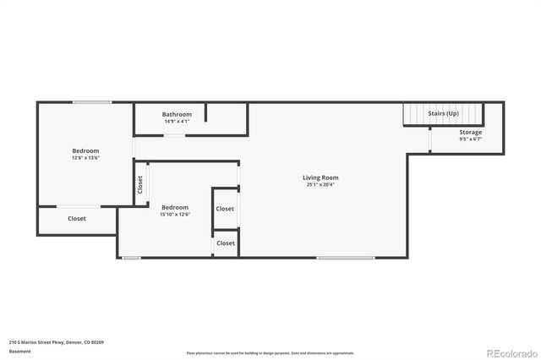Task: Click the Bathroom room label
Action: (178, 114)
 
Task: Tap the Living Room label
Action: (320, 177)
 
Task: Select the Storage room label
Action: (471, 133)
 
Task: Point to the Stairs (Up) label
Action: (444, 113)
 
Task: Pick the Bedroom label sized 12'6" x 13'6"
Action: (85, 151)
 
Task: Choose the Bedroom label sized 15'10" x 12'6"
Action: (175, 207)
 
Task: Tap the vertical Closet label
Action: (139, 184)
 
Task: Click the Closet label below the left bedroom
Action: (77, 219)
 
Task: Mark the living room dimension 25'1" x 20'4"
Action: (320, 184)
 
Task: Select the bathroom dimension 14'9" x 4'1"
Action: (178, 121)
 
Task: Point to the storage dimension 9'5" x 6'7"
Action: (471, 139)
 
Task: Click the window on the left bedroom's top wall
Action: (91, 103)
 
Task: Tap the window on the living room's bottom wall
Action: (346, 257)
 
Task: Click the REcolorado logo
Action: (511, 352)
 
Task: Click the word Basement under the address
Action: (19, 351)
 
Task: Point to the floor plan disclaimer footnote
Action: (270, 352)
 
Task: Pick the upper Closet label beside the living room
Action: (225, 209)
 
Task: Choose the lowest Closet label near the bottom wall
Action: (226, 243)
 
